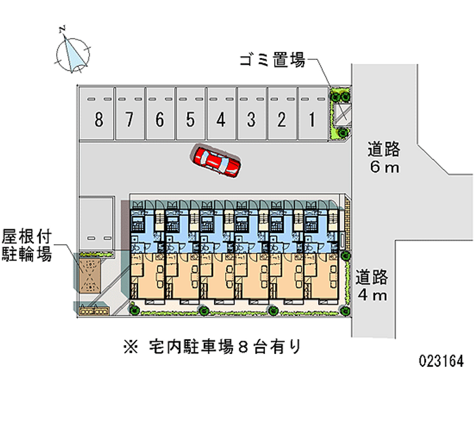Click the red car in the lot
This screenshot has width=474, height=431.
[x=216, y=161]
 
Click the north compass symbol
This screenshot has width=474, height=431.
[x=73, y=53]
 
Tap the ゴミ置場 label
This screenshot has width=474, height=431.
[x=272, y=60]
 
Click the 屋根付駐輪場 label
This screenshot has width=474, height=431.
[x=26, y=246]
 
